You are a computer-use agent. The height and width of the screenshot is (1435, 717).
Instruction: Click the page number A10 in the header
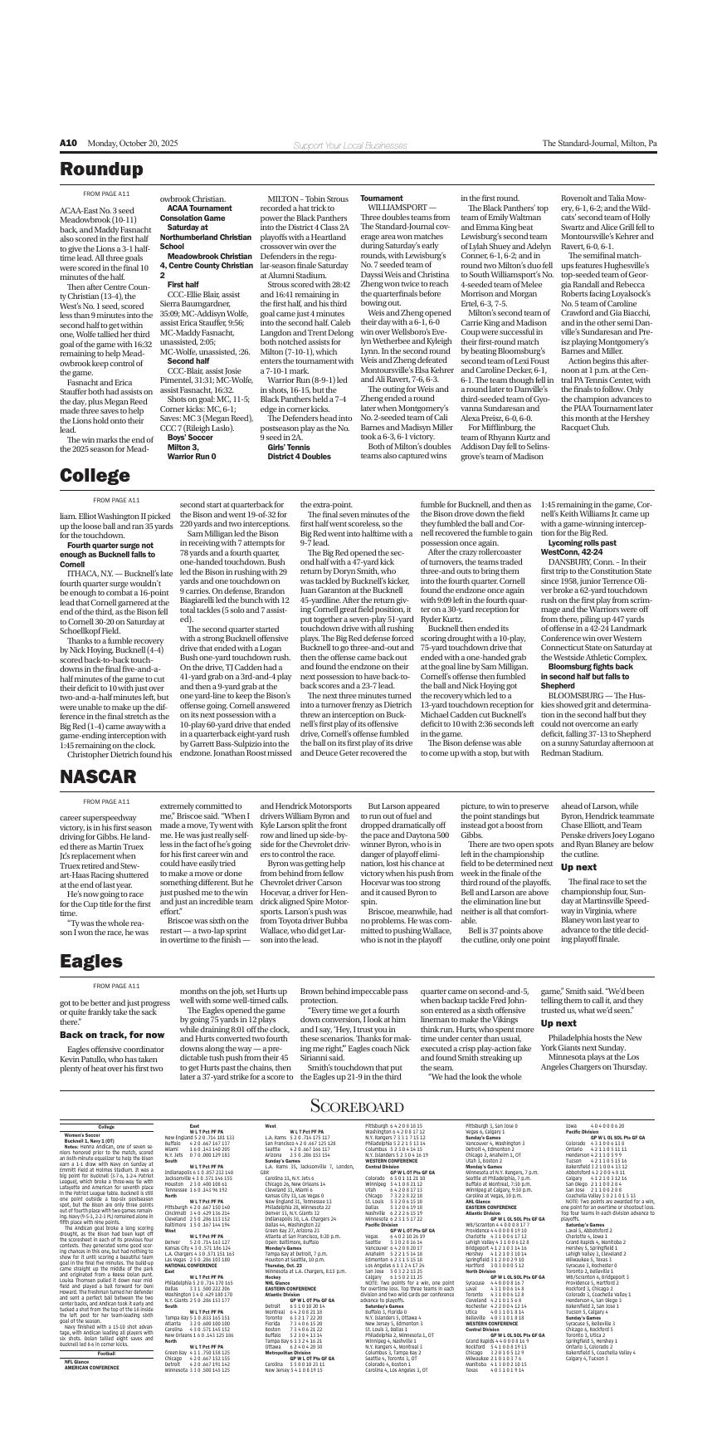click(x=68, y=144)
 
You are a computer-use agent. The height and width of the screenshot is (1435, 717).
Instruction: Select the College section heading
click(x=95, y=476)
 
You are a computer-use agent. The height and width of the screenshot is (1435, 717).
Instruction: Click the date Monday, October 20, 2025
click(x=133, y=144)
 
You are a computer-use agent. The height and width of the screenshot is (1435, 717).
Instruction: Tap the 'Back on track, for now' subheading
click(x=112, y=1035)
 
